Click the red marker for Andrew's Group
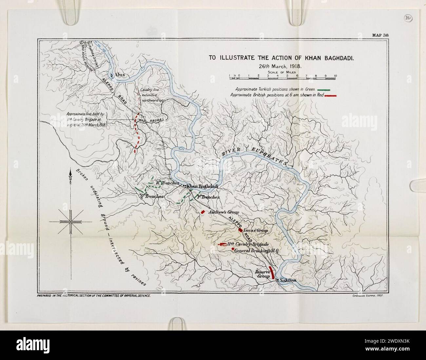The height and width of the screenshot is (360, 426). coord(203,212)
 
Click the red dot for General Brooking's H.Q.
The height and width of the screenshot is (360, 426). coord(233,249)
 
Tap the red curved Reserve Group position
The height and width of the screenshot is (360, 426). coord(271,273)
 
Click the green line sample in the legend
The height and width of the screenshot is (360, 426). coord(323,89)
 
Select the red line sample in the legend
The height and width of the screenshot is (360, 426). coord(328,95)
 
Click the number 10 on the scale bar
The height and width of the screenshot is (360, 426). coord(335,75)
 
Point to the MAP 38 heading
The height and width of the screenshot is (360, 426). coord(380,36)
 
